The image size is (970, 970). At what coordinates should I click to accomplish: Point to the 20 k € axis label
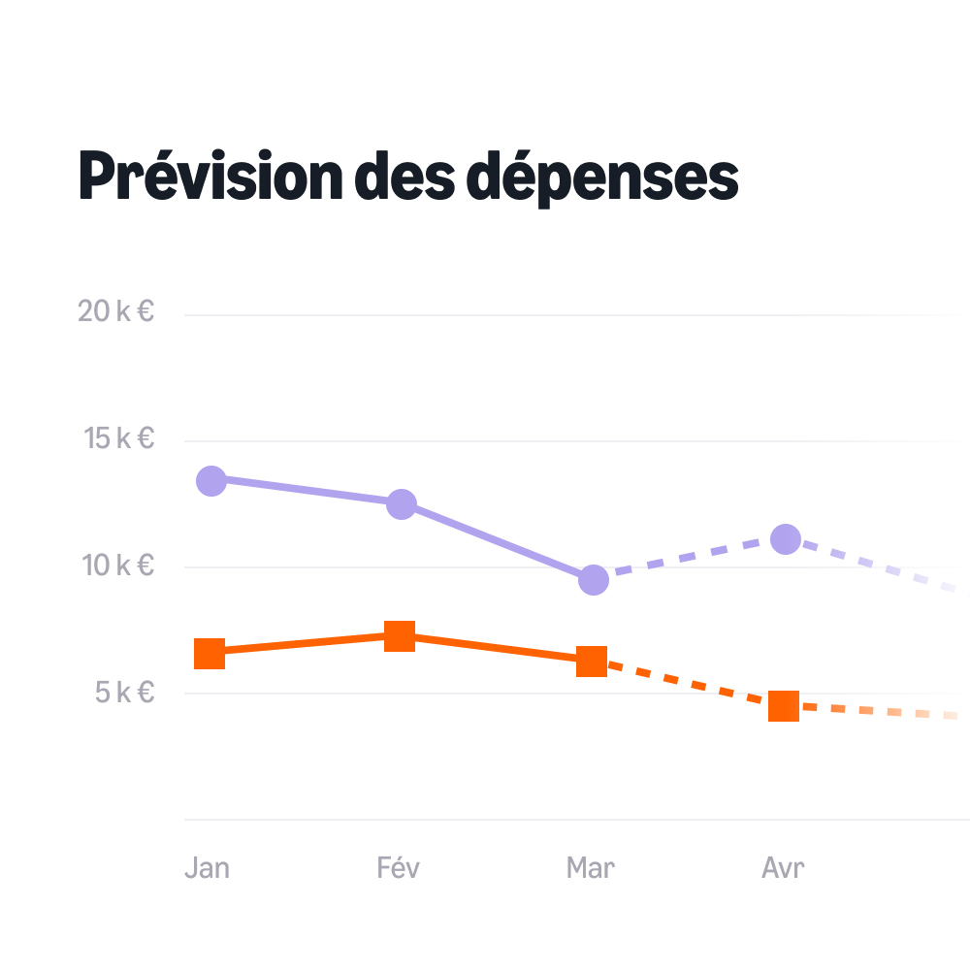pos(116,311)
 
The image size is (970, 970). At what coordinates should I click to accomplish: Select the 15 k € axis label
pos(119,438)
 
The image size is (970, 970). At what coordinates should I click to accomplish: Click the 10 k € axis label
pos(117,565)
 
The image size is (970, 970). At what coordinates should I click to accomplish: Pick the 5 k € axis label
pos(124,692)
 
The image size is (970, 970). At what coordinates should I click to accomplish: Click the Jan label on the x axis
pos(207,867)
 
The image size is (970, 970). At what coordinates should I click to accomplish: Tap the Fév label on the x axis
pos(399,867)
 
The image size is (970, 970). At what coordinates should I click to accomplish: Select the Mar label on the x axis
pos(591,867)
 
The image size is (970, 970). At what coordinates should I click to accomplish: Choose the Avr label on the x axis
pos(783,867)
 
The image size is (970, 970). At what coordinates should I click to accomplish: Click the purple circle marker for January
pos(211,480)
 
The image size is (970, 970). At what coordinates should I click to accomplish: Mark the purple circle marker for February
pos(402,504)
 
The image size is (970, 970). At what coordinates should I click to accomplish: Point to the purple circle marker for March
pos(594,580)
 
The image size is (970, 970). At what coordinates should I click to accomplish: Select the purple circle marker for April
pos(786,538)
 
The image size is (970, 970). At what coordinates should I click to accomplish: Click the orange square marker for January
pos(210,654)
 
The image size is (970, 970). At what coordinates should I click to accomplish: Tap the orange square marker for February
pos(400,636)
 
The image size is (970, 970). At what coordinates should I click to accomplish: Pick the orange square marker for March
pos(592,662)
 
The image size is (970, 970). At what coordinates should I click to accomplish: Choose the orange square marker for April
pos(784,706)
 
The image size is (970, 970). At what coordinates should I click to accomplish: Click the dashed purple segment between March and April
pos(690,560)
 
